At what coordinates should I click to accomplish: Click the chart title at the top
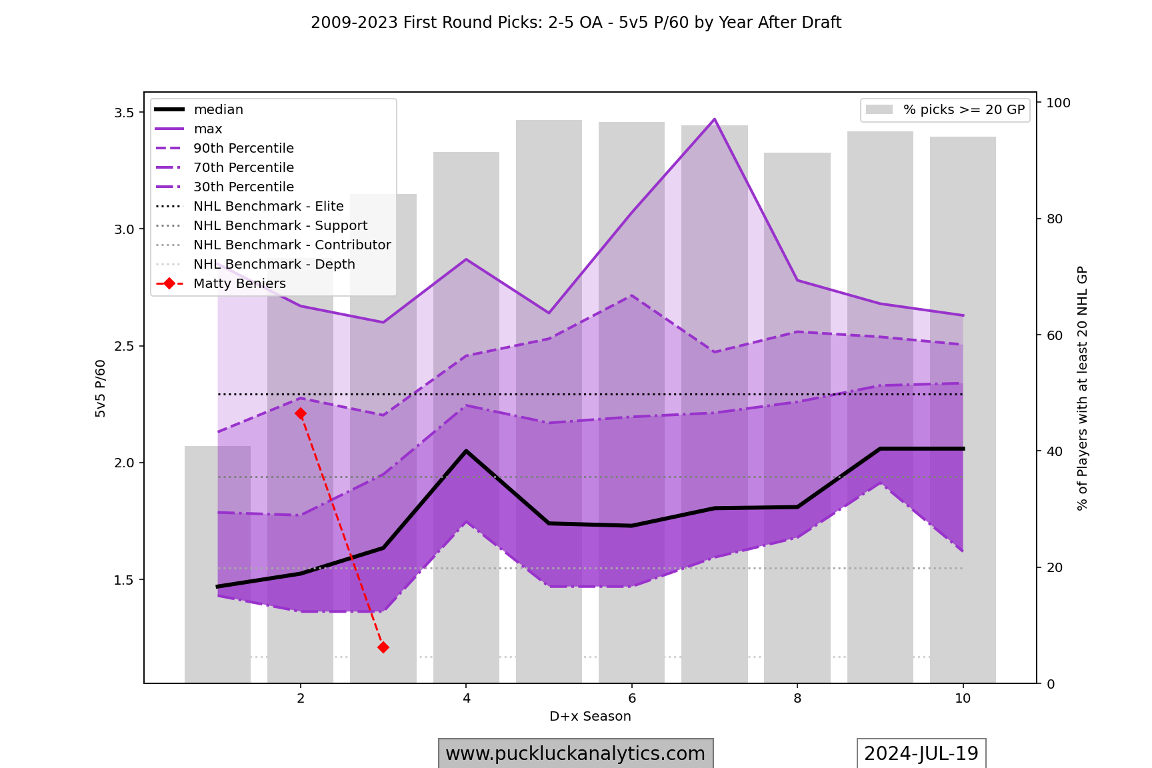pyautogui.click(x=576, y=23)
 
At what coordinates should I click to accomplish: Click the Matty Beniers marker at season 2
pyautogui.click(x=301, y=413)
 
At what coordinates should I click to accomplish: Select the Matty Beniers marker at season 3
pyautogui.click(x=383, y=647)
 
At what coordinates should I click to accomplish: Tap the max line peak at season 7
pyautogui.click(x=714, y=119)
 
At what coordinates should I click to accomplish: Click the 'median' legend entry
pyautogui.click(x=218, y=110)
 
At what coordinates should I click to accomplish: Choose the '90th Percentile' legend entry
pyautogui.click(x=243, y=149)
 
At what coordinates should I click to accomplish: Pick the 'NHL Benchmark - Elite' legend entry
pyautogui.click(x=268, y=207)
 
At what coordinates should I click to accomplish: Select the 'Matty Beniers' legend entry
pyautogui.click(x=239, y=284)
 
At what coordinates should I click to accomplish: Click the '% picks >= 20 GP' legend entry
pyautogui.click(x=963, y=110)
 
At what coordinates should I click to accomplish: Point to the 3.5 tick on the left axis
pyautogui.click(x=125, y=113)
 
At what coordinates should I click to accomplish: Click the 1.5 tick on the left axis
pyautogui.click(x=125, y=580)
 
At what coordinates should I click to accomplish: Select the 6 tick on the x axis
pyautogui.click(x=631, y=699)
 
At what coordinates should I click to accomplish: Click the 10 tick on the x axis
pyautogui.click(x=963, y=699)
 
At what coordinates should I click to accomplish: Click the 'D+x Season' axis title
pyautogui.click(x=590, y=717)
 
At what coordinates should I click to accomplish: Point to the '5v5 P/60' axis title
pyautogui.click(x=101, y=389)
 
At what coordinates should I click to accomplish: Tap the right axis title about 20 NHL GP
pyautogui.click(x=1082, y=389)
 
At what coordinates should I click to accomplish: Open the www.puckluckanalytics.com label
pyautogui.click(x=575, y=754)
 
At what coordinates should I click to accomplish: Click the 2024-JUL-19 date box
pyautogui.click(x=921, y=754)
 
